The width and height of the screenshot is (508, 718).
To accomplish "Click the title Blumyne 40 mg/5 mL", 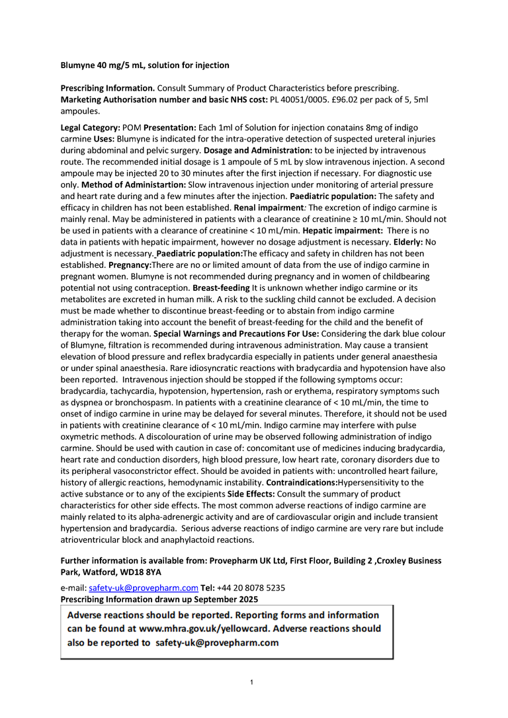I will pos(145,65).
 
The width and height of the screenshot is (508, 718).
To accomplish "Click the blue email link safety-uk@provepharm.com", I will pos(144,588).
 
